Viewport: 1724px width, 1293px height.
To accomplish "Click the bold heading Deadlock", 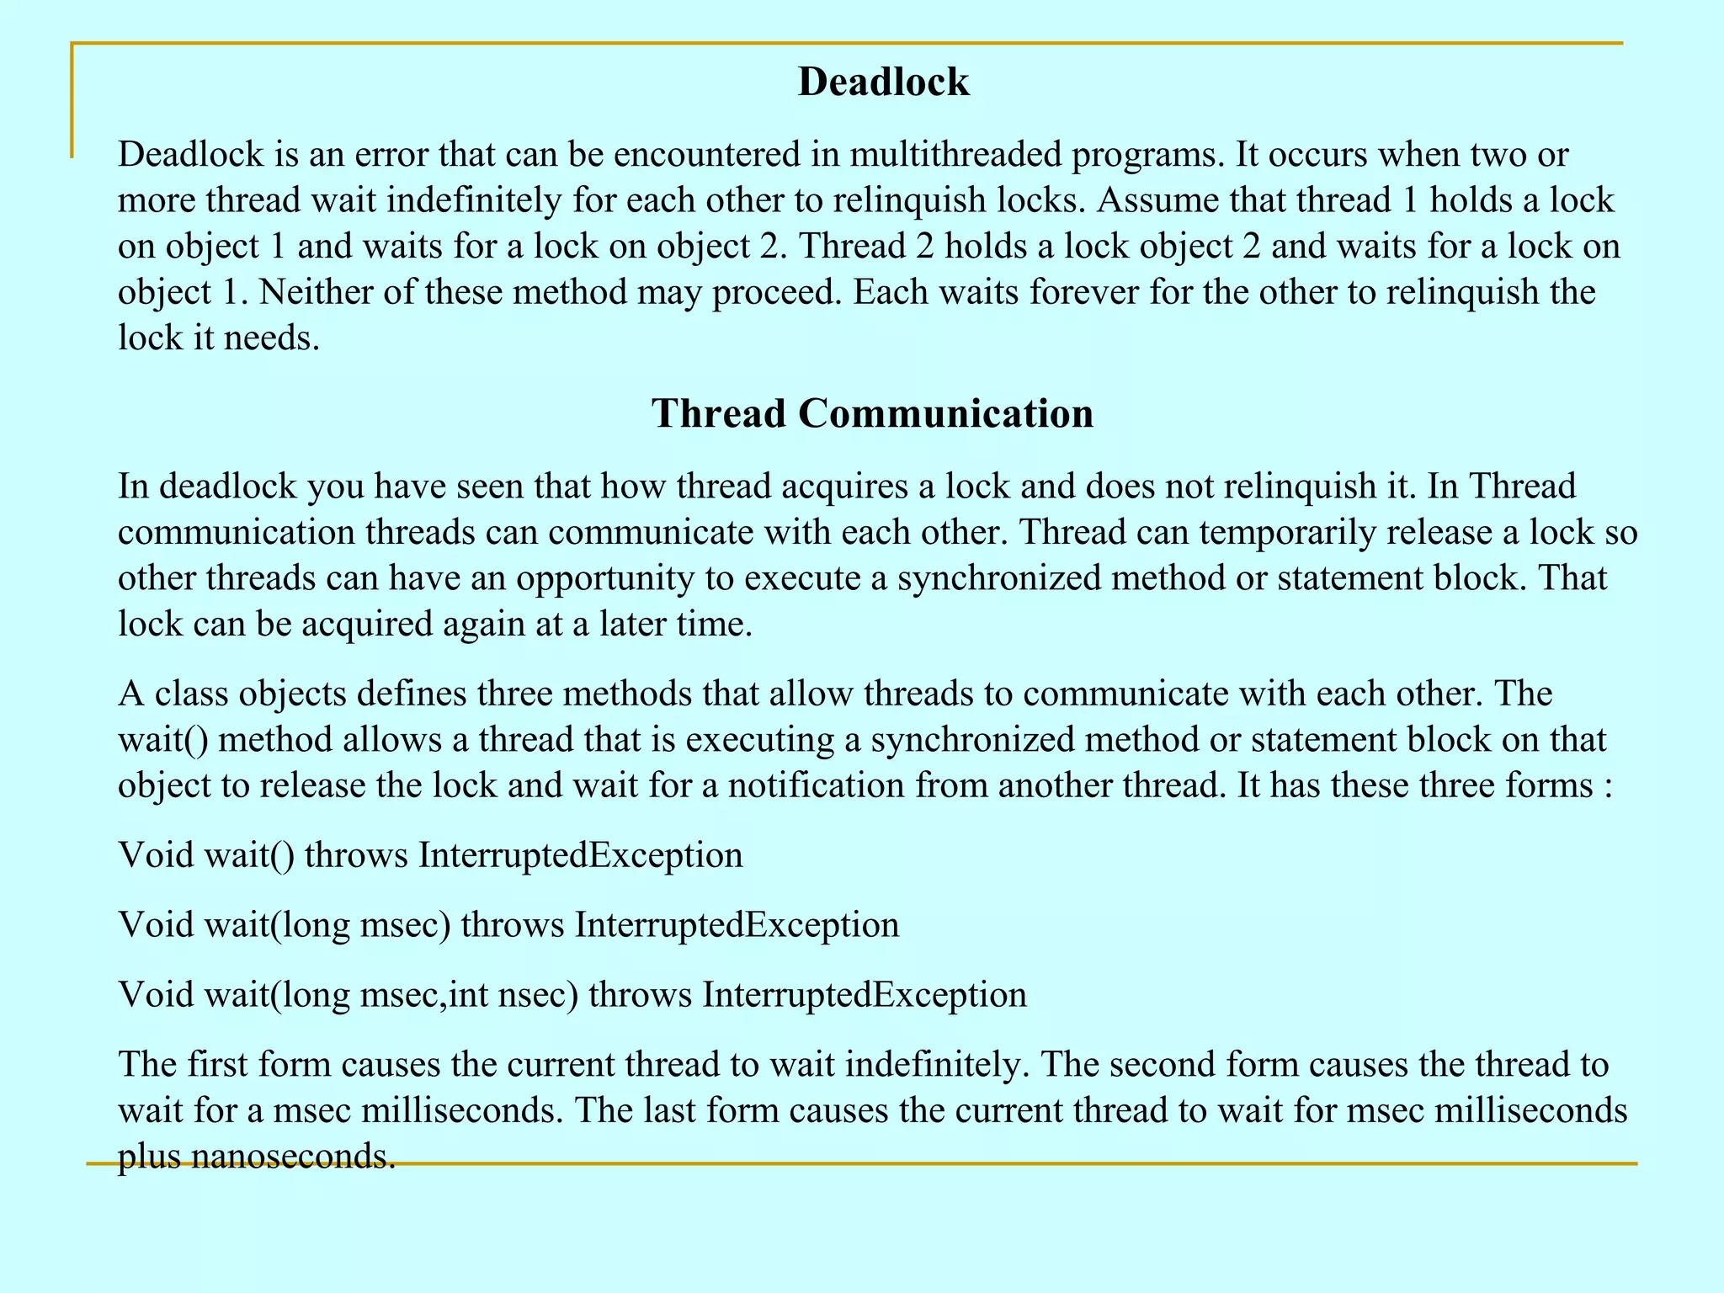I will (x=883, y=82).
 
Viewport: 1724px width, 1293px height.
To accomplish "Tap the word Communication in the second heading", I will (x=945, y=414).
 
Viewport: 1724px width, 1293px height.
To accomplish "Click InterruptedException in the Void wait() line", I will (x=581, y=855).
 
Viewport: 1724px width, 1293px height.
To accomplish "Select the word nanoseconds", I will (x=293, y=1157).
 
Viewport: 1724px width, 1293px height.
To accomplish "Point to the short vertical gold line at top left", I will (x=72, y=99).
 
